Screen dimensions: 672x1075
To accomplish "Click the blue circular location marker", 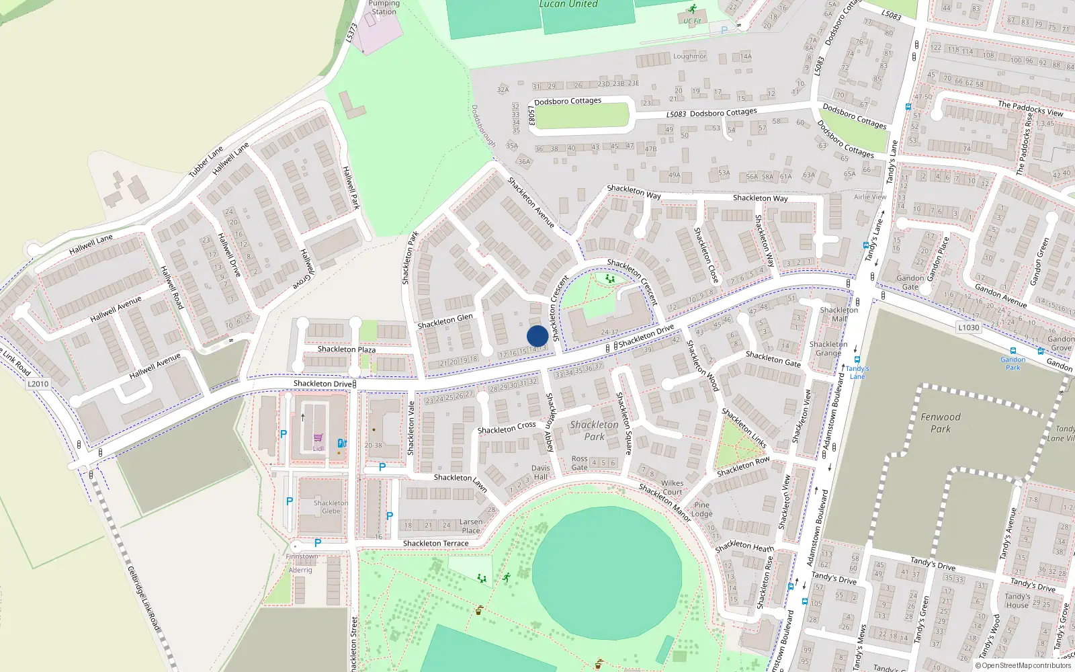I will (537, 336).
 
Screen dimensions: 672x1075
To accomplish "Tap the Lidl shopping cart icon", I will (318, 438).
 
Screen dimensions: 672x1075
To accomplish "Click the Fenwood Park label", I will (940, 423).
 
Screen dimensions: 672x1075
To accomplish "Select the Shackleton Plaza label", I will (347, 349).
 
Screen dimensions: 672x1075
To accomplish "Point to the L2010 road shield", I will (38, 384).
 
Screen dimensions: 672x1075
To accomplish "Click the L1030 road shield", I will (968, 327).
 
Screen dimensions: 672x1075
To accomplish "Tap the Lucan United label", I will (568, 4).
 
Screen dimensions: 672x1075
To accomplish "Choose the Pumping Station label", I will (384, 7).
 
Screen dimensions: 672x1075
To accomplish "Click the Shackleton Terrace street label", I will (435, 543).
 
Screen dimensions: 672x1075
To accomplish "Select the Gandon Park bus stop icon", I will (1013, 351).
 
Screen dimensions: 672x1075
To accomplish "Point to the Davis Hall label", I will (541, 472).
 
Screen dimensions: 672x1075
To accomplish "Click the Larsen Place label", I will (471, 526).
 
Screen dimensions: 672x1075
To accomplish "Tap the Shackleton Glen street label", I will (445, 322).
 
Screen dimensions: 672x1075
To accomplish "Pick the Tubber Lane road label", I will (206, 162).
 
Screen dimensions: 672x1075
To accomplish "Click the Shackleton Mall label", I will (839, 314).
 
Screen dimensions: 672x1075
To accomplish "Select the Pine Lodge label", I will (702, 509).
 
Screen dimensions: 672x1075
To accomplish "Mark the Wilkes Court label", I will (672, 487).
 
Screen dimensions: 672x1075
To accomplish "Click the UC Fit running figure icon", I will (692, 9).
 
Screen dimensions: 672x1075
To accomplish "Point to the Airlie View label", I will (870, 197).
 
